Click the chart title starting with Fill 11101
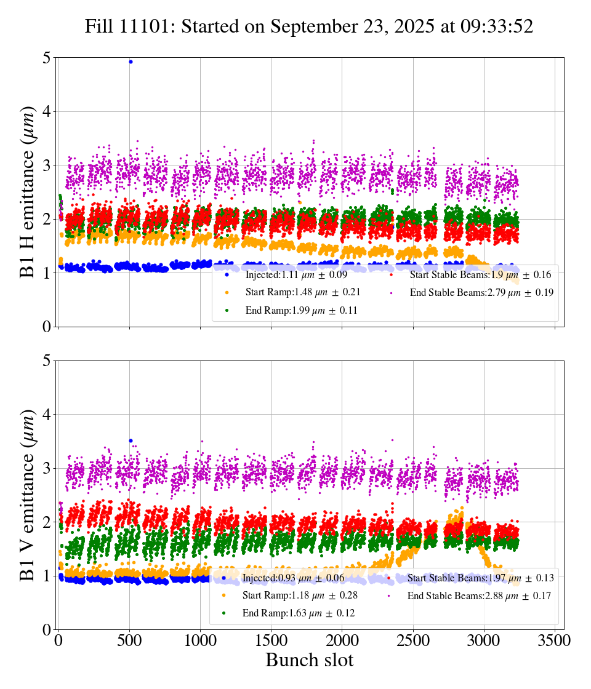tap(308, 26)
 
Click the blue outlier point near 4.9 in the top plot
tap(131, 62)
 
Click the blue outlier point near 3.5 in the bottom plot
tap(131, 440)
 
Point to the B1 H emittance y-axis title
tap(28, 192)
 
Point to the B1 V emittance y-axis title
tap(28, 495)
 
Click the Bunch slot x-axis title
tap(310, 660)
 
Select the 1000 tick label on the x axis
tap(200, 640)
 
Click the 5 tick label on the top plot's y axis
tap(46, 58)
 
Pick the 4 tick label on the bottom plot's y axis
tap(46, 415)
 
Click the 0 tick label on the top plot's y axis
tap(46, 327)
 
